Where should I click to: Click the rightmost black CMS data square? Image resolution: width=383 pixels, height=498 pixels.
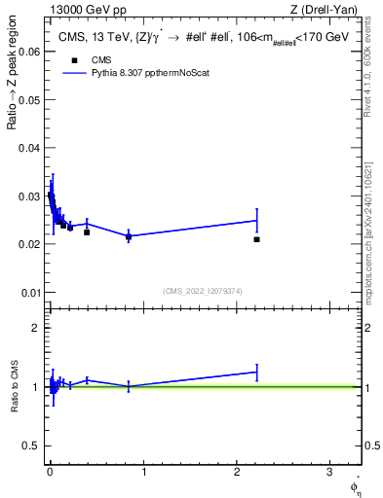(x=256, y=239)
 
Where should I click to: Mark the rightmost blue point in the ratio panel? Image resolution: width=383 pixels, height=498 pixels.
(x=256, y=372)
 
